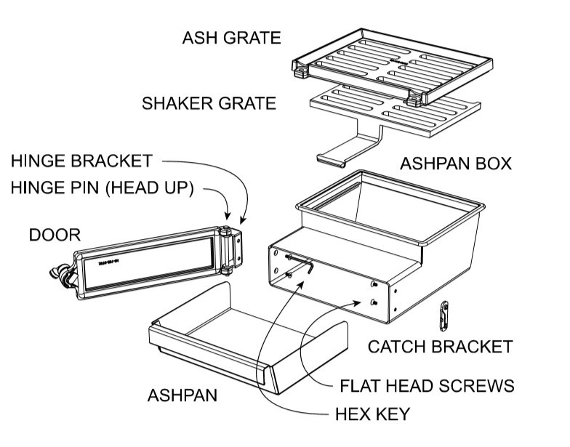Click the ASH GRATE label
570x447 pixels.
pyautogui.click(x=230, y=39)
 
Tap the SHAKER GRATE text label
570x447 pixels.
pyautogui.click(x=209, y=103)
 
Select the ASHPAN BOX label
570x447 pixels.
pyautogui.click(x=455, y=164)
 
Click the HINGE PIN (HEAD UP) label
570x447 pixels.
pyautogui.click(x=102, y=188)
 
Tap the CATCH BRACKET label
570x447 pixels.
pyautogui.click(x=439, y=347)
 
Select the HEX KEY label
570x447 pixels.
pyautogui.click(x=372, y=414)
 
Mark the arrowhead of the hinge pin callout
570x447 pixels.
pyautogui.click(x=229, y=219)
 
